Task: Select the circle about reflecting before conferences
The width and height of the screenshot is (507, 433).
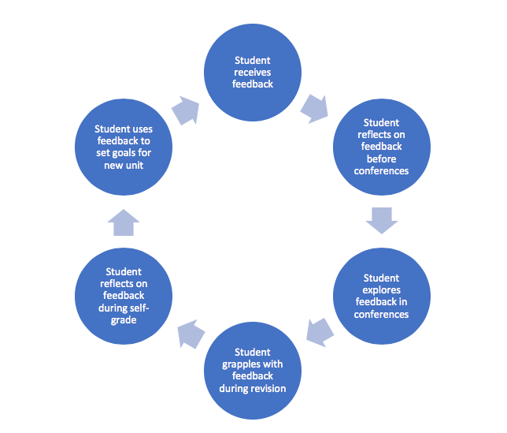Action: [x=382, y=147]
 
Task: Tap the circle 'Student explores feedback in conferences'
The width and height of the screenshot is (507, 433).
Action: [x=382, y=296]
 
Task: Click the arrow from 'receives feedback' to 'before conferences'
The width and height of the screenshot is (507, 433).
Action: [x=315, y=108]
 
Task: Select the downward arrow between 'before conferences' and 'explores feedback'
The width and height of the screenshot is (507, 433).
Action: [x=382, y=220]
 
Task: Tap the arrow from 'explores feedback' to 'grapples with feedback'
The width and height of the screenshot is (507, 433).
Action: [x=316, y=331]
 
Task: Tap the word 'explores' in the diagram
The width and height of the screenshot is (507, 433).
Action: [x=381, y=290]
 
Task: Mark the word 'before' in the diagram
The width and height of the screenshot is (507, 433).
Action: [x=381, y=158]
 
